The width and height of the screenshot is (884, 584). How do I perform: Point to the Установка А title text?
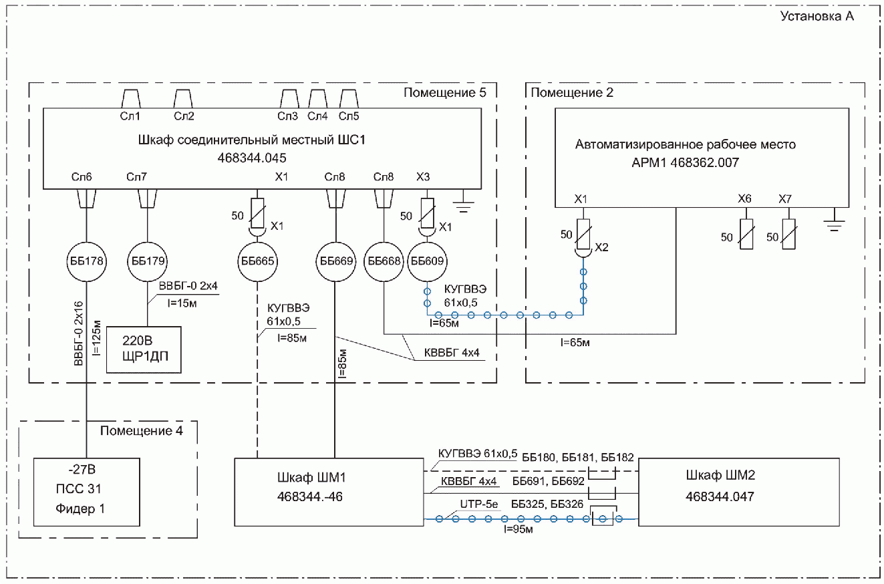point(817,16)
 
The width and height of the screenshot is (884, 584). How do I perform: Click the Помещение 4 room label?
point(141,430)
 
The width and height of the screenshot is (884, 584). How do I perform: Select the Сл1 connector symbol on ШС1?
point(130,99)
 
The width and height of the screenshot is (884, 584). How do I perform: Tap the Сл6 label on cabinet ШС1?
point(82,177)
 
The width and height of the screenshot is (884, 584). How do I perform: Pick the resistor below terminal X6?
point(746,234)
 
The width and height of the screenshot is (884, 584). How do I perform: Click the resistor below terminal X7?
point(789,234)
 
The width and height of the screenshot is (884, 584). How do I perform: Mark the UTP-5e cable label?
point(478,504)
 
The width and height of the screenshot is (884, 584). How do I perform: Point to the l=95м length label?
point(518,529)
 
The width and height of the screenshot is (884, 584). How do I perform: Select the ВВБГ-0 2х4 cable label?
point(188,286)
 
